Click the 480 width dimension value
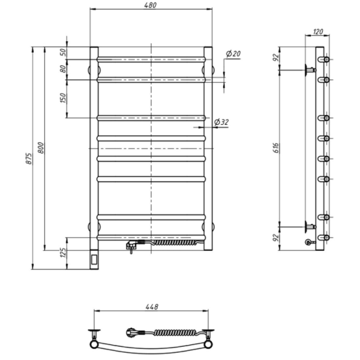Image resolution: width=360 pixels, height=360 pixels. pos(151,5)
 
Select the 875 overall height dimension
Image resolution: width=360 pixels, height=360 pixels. pos(29,158)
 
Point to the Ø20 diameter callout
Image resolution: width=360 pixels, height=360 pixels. pos(233,54)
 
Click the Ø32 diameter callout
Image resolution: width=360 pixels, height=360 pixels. pos(221,122)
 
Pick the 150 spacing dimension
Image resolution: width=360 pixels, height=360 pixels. pos(62,98)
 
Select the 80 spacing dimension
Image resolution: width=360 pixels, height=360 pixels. pos(62,69)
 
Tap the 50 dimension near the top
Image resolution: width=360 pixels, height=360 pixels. pos(62,53)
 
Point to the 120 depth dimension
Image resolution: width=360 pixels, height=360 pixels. pos(318,32)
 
